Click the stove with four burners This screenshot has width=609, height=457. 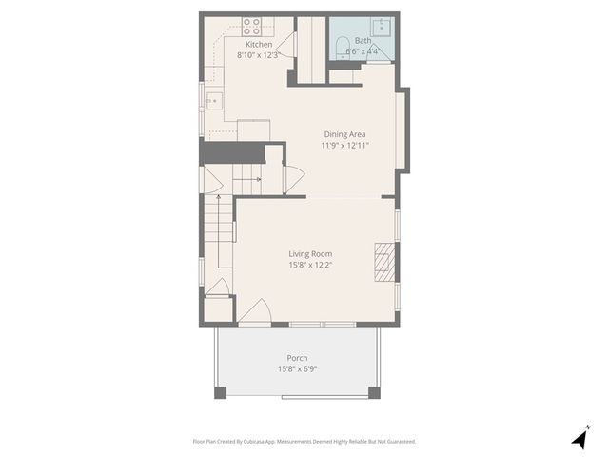[252, 26]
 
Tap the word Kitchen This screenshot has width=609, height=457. [259, 45]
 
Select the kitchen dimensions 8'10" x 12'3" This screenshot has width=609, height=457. [258, 55]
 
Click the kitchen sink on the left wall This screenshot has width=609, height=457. [212, 97]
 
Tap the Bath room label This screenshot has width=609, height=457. [363, 41]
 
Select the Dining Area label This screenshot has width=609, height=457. [344, 134]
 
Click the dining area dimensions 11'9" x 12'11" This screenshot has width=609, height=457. [344, 146]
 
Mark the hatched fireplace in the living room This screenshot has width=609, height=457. [383, 261]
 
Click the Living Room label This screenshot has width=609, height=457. [311, 253]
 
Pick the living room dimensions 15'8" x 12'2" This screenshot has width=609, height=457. [311, 265]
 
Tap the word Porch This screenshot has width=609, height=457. [297, 358]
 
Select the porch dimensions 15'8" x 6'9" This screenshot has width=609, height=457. [297, 368]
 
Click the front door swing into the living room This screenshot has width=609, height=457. [255, 312]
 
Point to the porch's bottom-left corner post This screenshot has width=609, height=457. [221, 391]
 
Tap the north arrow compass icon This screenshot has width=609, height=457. [580, 438]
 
